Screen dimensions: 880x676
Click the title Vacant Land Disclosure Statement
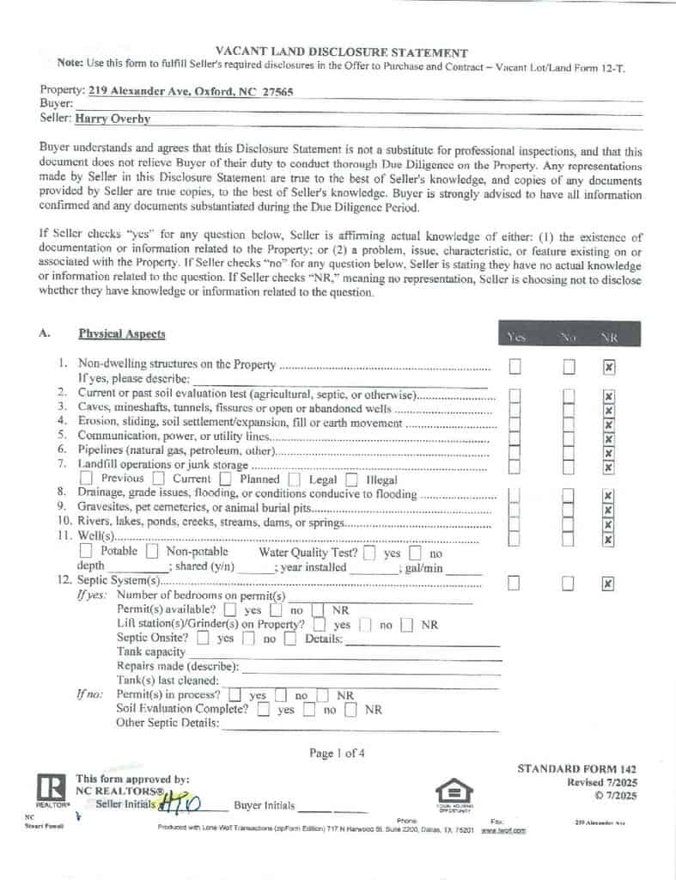point(341,52)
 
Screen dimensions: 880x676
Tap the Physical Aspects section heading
point(122,333)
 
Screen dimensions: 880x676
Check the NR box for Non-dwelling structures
point(608,367)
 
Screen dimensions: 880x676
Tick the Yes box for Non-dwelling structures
point(515,367)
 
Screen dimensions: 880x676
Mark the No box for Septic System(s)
point(569,584)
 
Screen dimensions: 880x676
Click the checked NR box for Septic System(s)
point(608,584)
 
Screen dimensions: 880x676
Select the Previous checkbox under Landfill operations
point(87,479)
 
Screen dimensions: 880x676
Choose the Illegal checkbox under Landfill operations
point(351,479)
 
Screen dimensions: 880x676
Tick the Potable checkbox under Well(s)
point(87,551)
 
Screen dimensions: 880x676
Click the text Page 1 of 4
point(337,754)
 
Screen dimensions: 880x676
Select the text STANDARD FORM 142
point(576,768)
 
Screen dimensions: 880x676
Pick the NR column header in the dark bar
point(608,338)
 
